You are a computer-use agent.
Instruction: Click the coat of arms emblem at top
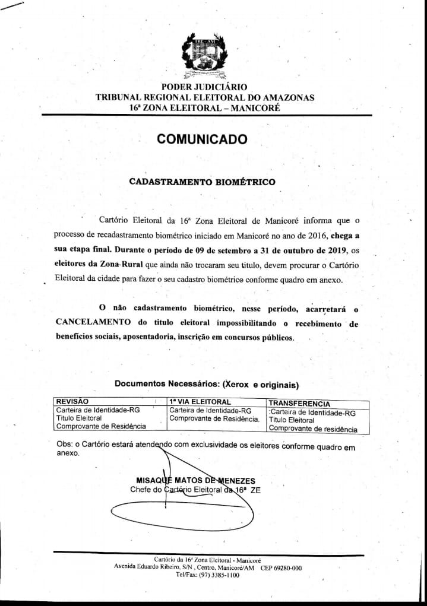click(204, 57)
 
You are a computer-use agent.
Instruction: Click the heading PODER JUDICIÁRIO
click(204, 87)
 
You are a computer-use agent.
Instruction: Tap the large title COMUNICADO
click(202, 139)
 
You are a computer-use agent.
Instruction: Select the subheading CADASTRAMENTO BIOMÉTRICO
click(202, 182)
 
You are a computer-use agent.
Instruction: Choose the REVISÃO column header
click(72, 402)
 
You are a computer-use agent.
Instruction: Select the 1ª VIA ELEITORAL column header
click(200, 402)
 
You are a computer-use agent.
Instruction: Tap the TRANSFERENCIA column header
click(299, 403)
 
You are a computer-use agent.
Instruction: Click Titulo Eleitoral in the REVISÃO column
click(78, 418)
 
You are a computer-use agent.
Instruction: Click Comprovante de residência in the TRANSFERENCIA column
click(313, 429)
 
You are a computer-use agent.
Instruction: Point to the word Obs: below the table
click(63, 444)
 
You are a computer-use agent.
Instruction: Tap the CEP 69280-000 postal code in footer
click(281, 567)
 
